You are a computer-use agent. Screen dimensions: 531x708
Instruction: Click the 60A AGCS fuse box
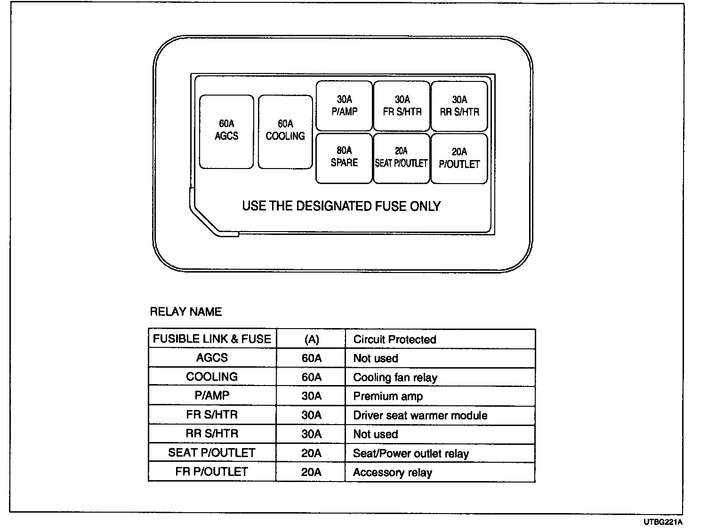tap(226, 131)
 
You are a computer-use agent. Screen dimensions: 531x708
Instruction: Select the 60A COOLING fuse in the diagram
tap(285, 131)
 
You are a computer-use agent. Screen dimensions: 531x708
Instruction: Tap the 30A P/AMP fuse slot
tap(344, 106)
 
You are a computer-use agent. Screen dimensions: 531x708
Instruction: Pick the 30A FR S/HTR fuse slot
tap(402, 106)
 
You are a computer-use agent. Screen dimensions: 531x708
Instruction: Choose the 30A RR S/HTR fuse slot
tap(459, 106)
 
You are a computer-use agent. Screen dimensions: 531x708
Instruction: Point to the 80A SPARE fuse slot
tap(344, 158)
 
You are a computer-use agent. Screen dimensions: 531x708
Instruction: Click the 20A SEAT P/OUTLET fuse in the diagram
tap(402, 158)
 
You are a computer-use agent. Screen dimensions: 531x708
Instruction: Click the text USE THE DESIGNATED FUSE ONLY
tap(341, 206)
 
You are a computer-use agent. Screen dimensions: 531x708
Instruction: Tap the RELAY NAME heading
tap(185, 312)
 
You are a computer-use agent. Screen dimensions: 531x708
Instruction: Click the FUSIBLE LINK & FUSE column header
tap(212, 339)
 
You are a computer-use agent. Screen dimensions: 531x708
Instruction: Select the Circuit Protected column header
tap(394, 339)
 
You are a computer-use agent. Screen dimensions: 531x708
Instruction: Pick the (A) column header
tap(311, 339)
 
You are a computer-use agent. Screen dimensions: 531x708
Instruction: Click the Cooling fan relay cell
tap(395, 378)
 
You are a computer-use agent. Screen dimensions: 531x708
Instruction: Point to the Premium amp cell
tap(388, 396)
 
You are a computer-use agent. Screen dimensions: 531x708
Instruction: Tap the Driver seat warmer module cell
tap(420, 415)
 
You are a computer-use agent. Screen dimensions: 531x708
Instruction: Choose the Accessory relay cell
tap(392, 472)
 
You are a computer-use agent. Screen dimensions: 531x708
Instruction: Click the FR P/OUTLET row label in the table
tap(211, 472)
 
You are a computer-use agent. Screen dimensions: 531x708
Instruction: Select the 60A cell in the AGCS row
tap(311, 358)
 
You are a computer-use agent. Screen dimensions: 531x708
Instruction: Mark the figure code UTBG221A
tap(663, 522)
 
